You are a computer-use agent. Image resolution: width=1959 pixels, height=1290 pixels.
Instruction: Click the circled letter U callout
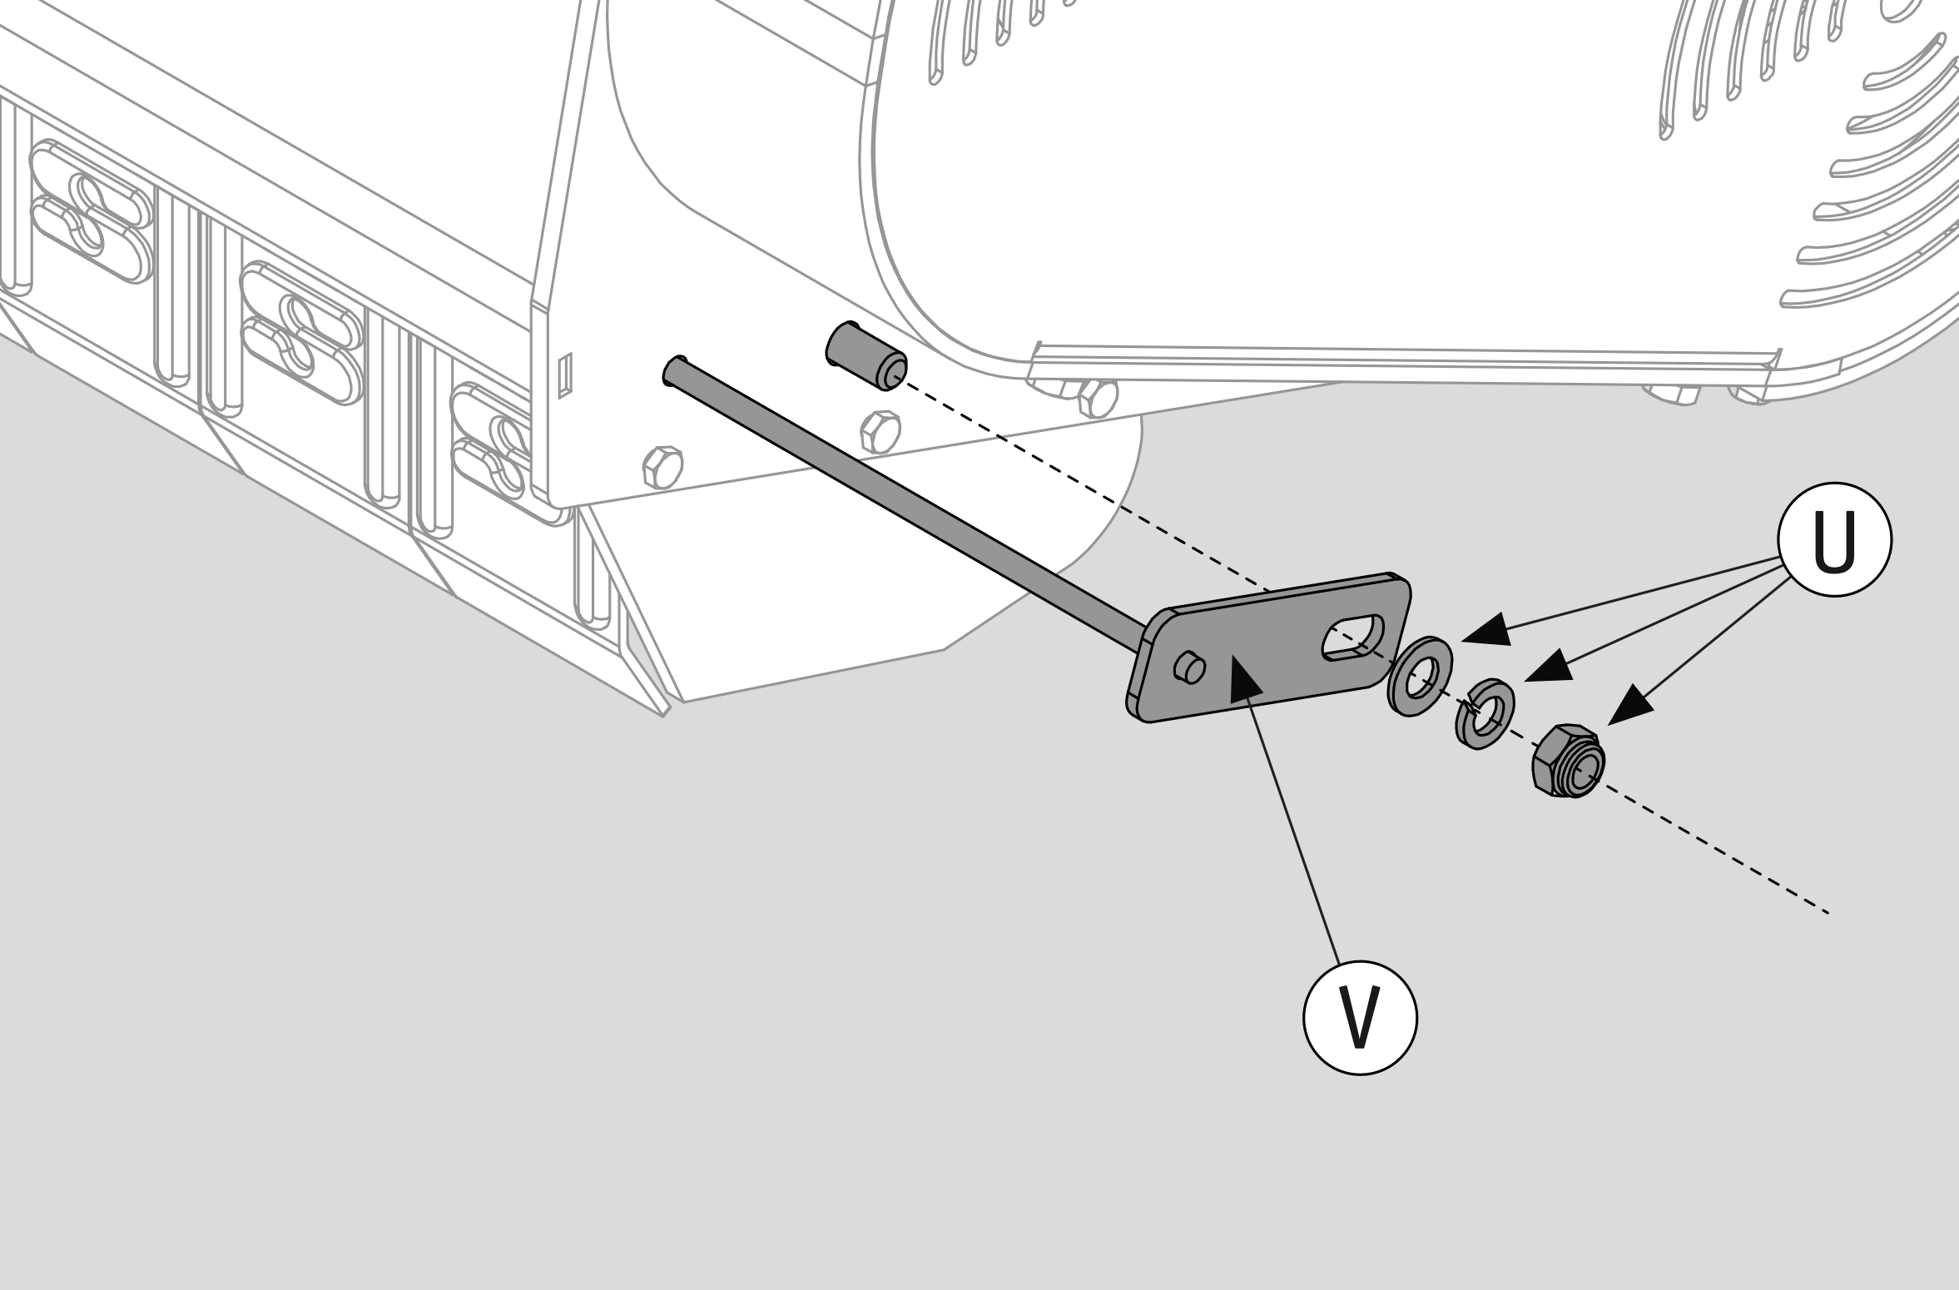(1834, 539)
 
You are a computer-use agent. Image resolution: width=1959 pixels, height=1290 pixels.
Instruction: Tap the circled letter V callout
(1360, 1018)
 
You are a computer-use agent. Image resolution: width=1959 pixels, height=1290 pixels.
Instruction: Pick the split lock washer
(1485, 714)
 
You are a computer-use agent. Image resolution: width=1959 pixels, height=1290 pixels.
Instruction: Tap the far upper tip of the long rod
(672, 365)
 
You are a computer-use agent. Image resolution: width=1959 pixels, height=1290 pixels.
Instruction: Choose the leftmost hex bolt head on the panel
(662, 467)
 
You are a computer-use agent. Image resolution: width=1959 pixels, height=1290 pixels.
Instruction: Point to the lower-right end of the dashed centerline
(1828, 914)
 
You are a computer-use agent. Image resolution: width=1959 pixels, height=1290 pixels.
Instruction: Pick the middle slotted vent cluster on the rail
(302, 333)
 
